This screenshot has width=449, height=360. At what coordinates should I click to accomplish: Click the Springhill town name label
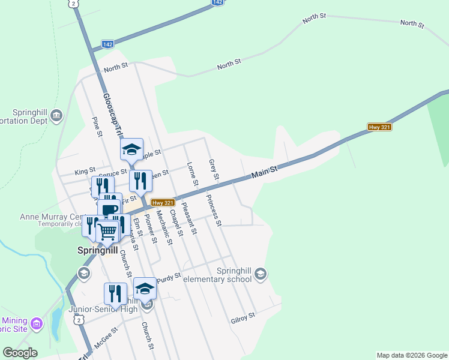[x=97, y=250]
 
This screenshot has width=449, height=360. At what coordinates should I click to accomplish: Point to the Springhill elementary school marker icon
[x=260, y=274]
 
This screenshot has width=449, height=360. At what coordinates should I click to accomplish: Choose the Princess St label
[x=214, y=211]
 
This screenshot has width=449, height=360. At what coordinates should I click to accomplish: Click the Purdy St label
[x=169, y=277]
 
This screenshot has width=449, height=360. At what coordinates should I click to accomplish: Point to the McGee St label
[x=105, y=329]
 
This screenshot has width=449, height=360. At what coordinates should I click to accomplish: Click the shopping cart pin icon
[x=107, y=230]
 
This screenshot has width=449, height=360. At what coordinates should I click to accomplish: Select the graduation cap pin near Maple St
[x=131, y=149]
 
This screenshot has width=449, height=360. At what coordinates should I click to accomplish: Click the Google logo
[x=20, y=353]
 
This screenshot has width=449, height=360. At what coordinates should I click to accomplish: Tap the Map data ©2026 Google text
[x=412, y=355]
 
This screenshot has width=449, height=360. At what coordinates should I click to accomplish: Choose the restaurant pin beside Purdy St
[x=115, y=294]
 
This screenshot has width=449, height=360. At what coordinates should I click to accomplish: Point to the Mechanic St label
[x=164, y=227]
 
